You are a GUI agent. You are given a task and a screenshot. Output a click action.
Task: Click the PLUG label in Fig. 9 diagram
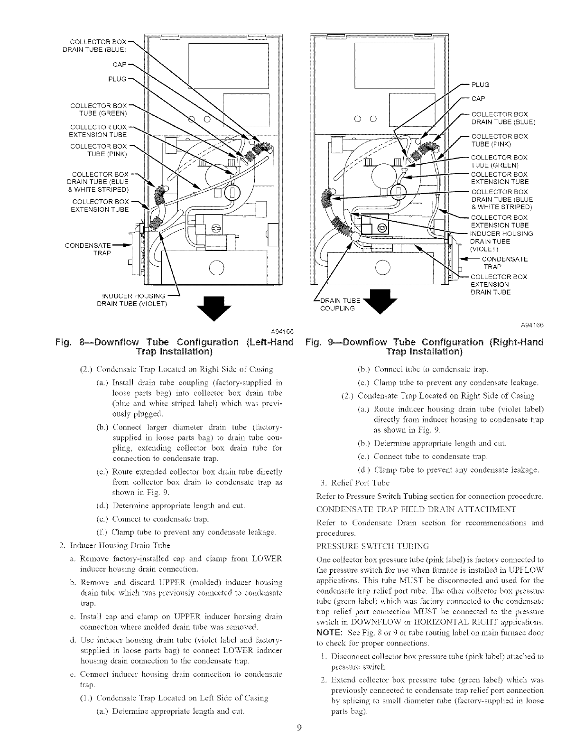(x=479, y=85)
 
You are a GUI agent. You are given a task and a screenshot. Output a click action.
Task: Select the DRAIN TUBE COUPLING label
(x=337, y=304)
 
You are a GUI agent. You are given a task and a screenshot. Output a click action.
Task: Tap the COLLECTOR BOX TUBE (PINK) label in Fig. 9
(x=492, y=140)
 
